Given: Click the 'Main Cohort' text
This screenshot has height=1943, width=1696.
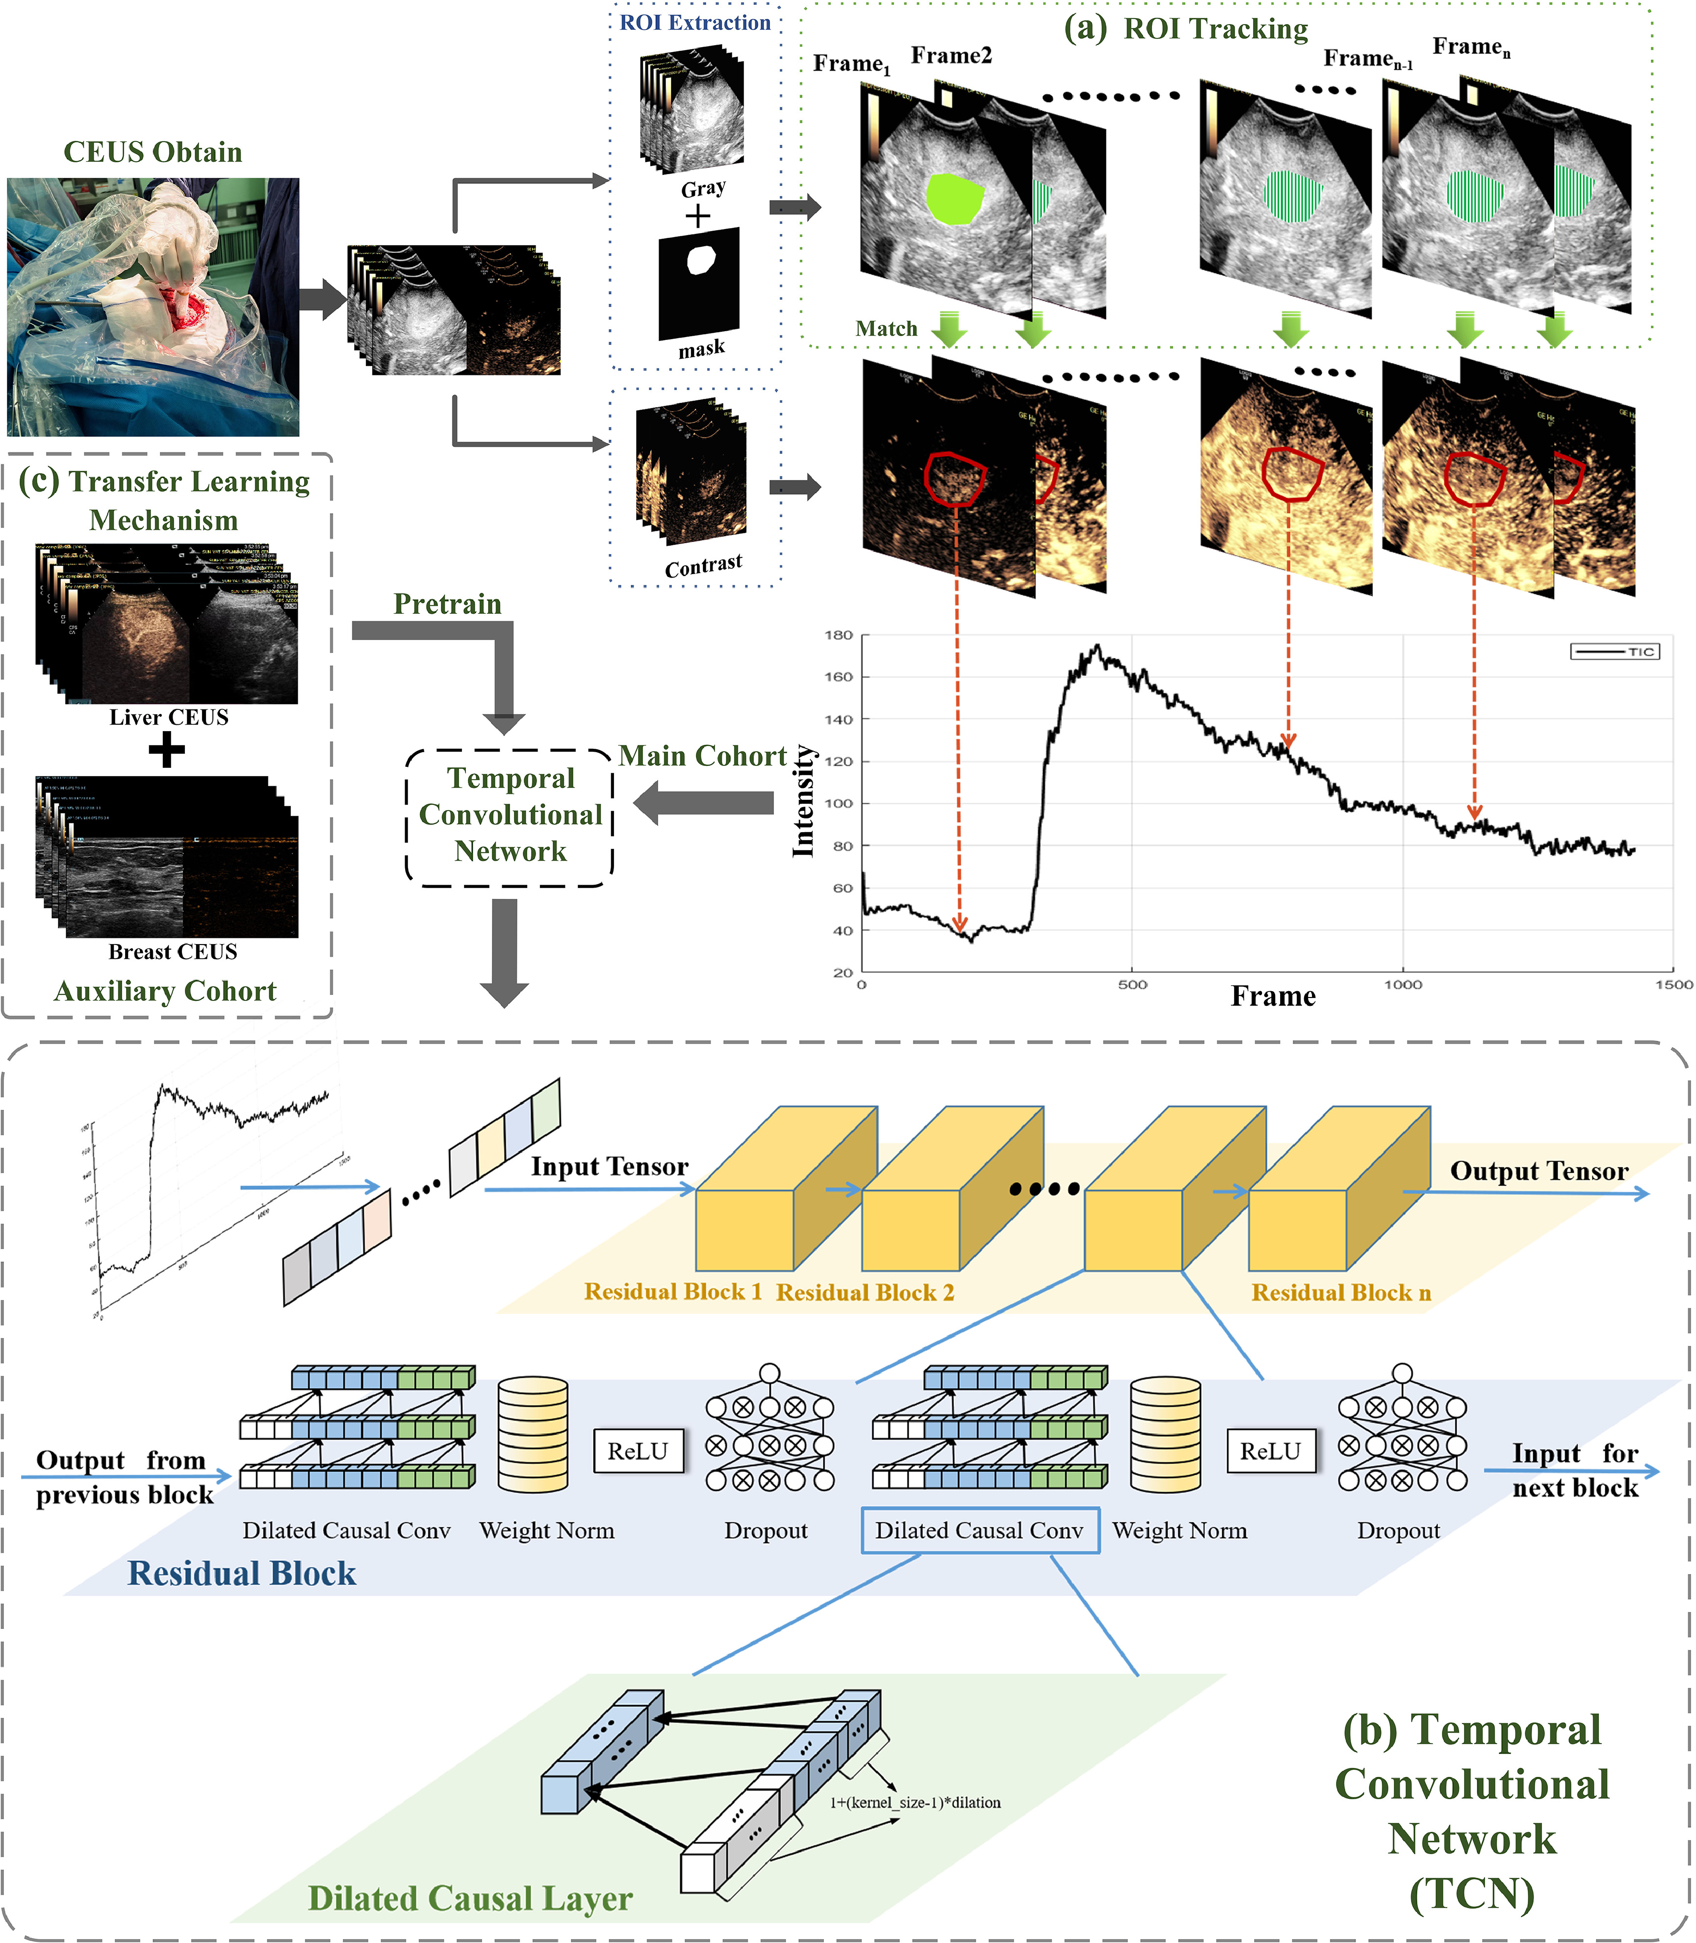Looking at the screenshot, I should pos(702,756).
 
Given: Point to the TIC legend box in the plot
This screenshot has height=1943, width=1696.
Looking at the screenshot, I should pos(1615,652).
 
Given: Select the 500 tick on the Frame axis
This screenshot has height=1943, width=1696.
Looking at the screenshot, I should pos(1132,985).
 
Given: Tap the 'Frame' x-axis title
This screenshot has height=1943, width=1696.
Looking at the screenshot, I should pos(1273,996).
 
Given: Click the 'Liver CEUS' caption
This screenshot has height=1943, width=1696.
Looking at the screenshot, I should pos(168,717).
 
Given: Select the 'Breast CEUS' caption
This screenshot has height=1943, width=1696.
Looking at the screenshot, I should pos(172,951).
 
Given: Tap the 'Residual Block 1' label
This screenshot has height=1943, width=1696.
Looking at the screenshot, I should pos(673,1291).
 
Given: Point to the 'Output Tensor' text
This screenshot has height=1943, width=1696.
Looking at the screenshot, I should pos(1539,1171).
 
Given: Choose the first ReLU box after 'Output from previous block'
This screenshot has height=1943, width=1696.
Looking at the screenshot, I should pos(638,1450).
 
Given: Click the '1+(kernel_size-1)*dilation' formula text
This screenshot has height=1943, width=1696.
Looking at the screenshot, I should pos(915,1803).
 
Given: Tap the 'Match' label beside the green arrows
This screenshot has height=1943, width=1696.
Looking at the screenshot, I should pos(886,329).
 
